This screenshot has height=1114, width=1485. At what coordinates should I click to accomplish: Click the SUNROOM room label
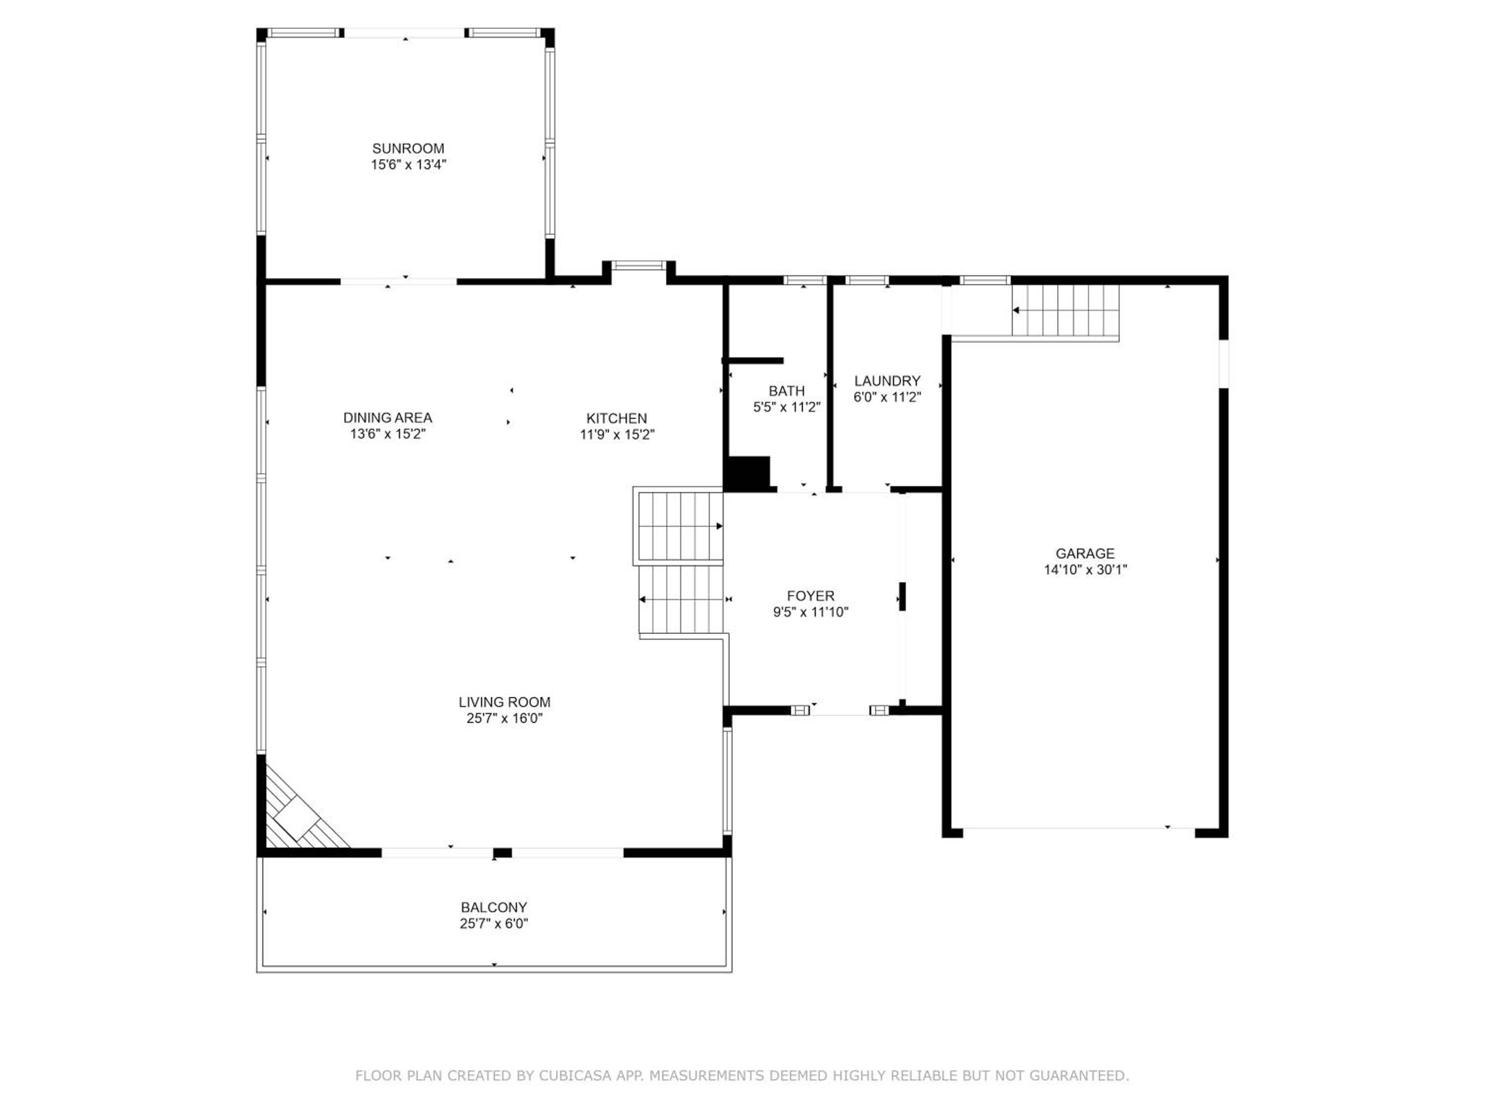(x=408, y=149)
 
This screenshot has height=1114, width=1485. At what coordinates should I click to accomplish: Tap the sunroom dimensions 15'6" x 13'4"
(x=409, y=164)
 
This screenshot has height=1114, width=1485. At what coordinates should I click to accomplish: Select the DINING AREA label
(x=388, y=418)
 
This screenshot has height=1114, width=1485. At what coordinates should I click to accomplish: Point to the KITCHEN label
(x=616, y=418)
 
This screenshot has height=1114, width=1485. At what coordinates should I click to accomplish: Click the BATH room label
(x=787, y=391)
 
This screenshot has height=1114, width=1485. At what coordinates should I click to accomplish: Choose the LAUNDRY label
(x=887, y=381)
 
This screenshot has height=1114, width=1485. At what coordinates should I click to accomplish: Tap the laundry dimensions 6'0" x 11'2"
(x=887, y=397)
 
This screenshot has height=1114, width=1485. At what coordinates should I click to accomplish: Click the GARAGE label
(x=1085, y=554)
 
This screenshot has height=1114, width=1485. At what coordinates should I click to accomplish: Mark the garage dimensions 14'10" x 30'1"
(x=1085, y=569)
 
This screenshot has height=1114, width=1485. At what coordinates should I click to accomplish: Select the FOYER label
(x=811, y=596)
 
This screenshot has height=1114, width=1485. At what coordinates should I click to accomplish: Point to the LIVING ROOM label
(x=504, y=702)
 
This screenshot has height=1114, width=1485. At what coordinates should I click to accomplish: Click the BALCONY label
(x=494, y=907)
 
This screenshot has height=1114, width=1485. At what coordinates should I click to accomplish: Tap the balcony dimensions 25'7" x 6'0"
(x=494, y=923)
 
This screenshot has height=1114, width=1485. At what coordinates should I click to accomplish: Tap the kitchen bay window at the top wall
(x=639, y=265)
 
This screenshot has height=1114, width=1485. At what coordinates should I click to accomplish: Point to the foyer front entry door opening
(x=841, y=710)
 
